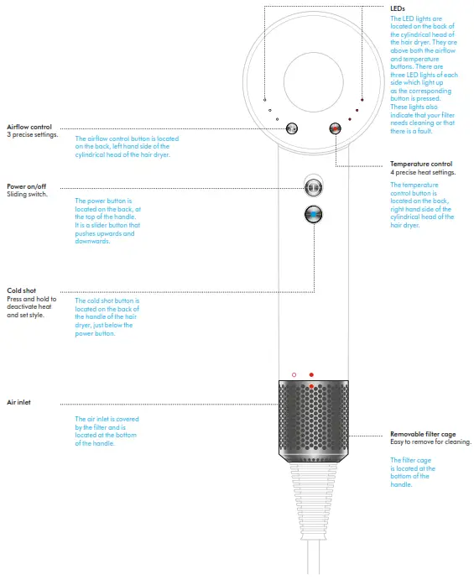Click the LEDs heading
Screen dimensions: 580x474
pos(398,8)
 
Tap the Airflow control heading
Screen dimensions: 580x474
pos(29,127)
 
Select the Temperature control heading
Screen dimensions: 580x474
pos(421,164)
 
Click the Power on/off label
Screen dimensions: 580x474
pos(27,186)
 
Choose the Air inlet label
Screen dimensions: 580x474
pos(19,402)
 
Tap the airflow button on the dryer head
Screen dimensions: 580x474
pos(292,128)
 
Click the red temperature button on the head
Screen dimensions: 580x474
pos(336,128)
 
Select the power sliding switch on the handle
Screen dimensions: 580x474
pos(314,186)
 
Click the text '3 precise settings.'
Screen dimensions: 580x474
pos(32,134)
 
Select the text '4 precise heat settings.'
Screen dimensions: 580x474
pos(423,172)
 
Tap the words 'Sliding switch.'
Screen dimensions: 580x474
pos(28,194)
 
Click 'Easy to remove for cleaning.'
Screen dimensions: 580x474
pos(430,442)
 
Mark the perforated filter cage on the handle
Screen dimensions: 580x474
pos(312,420)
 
